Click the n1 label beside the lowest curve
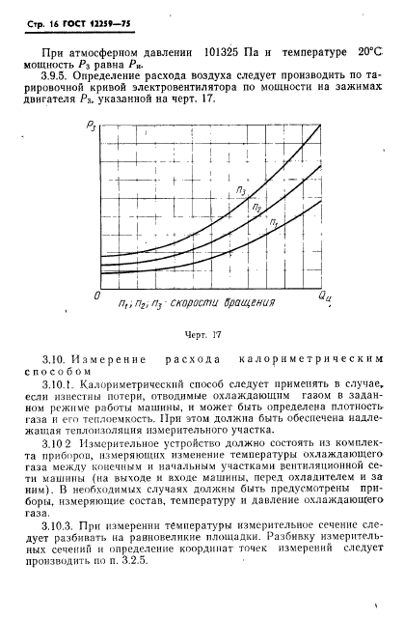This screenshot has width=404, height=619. click(x=275, y=223)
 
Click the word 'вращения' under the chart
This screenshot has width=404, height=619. click(x=241, y=302)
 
